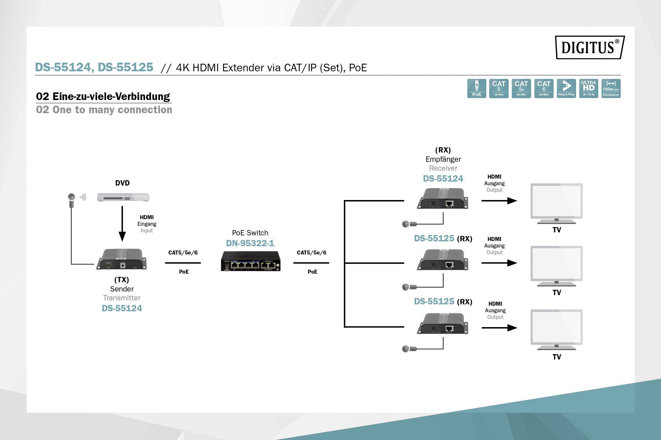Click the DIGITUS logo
click(x=590, y=48)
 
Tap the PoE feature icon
click(x=477, y=88)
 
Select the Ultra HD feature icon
click(x=589, y=88)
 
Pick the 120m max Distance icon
click(x=611, y=88)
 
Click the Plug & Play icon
click(x=566, y=88)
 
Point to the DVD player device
click(x=123, y=197)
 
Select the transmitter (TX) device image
click(x=121, y=259)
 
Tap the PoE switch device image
click(x=251, y=261)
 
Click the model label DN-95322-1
click(x=250, y=243)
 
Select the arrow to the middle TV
click(x=499, y=263)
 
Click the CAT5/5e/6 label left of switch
click(x=183, y=253)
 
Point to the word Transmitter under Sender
click(x=122, y=298)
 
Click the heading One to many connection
click(x=104, y=110)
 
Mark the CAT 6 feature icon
click(x=544, y=88)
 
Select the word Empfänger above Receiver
click(x=443, y=159)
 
